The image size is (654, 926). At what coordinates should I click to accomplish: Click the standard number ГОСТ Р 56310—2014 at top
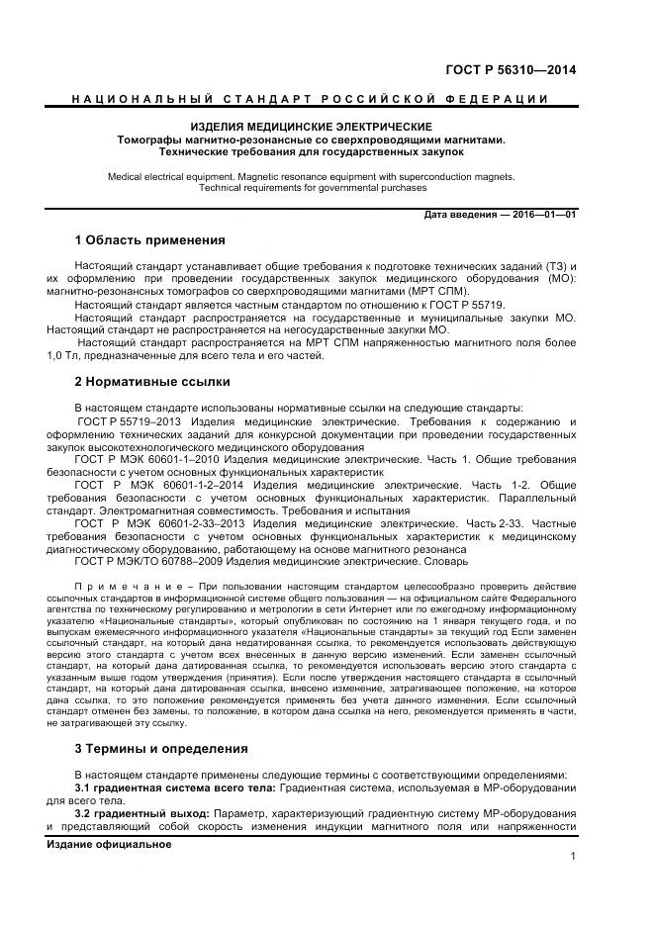512,69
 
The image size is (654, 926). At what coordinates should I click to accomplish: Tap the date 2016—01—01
543,215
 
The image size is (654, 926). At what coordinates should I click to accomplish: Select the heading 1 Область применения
149,240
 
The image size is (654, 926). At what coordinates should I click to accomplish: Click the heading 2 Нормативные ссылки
151,381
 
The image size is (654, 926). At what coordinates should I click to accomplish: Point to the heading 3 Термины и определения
161,748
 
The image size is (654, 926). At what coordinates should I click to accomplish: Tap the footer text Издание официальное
109,845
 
